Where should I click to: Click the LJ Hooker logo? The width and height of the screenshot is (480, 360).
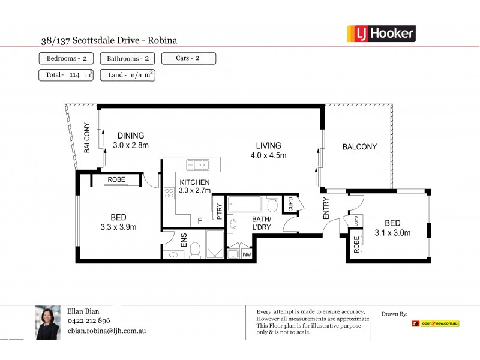tap(381, 34)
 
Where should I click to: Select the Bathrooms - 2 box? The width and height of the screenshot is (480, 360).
tap(127, 58)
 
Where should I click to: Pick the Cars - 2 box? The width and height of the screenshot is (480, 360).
tap(188, 58)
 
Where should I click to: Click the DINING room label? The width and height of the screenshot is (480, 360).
tap(130, 136)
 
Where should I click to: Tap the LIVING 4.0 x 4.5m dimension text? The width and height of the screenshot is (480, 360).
tap(268, 155)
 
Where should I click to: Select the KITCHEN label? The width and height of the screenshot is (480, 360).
tap(194, 182)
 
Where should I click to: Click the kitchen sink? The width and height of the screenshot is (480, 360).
tap(197, 164)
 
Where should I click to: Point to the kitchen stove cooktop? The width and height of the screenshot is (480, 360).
tap(169, 193)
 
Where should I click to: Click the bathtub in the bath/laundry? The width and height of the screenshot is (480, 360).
tap(244, 205)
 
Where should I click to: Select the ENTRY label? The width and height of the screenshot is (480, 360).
tap(326, 208)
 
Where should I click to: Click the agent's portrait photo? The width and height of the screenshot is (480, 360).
tap(47, 323)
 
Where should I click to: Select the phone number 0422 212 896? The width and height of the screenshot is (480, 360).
tap(89, 320)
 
